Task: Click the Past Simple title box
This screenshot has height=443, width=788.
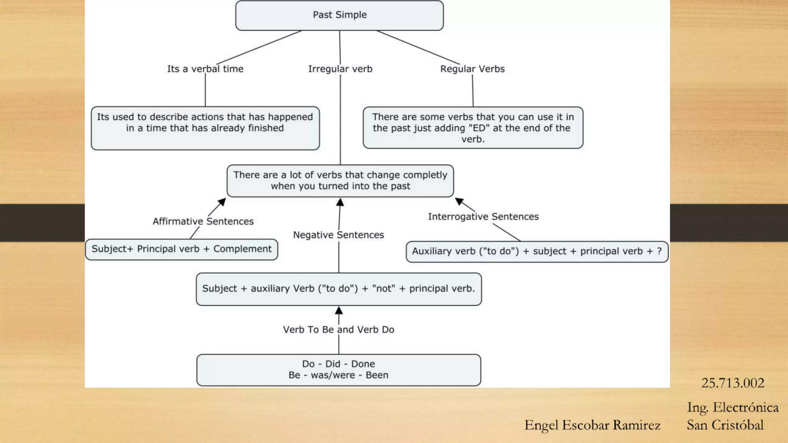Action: click(339, 15)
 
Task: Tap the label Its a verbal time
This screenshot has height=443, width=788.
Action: click(205, 69)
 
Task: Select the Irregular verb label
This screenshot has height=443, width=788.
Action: click(340, 69)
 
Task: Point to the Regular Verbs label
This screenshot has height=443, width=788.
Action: click(472, 69)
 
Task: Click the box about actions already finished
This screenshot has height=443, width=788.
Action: click(205, 128)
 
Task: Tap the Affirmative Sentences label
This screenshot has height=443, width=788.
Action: click(203, 221)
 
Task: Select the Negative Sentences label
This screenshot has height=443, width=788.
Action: click(338, 235)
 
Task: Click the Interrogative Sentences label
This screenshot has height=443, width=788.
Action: click(483, 217)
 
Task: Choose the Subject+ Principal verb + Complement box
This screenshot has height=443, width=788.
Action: click(181, 249)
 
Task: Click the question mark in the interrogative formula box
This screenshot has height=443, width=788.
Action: click(659, 251)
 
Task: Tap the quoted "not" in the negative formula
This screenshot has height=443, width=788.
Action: click(383, 288)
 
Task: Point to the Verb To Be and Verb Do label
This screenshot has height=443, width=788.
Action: click(338, 330)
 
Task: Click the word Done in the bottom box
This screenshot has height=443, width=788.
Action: click(363, 364)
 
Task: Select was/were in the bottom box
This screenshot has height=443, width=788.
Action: click(333, 375)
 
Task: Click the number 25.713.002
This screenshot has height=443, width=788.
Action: click(733, 383)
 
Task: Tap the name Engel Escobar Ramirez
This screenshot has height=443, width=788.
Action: click(592, 425)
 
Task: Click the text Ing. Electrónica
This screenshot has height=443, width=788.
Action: click(733, 407)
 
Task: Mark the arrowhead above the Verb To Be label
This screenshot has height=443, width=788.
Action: click(339, 310)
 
